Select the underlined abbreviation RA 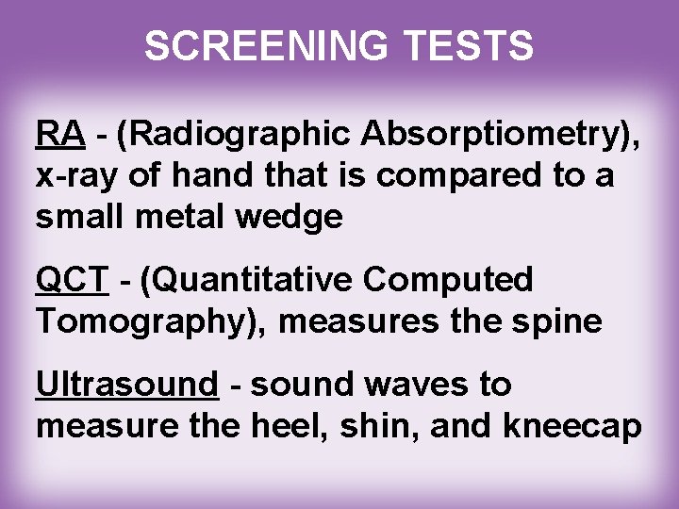click(60, 137)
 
